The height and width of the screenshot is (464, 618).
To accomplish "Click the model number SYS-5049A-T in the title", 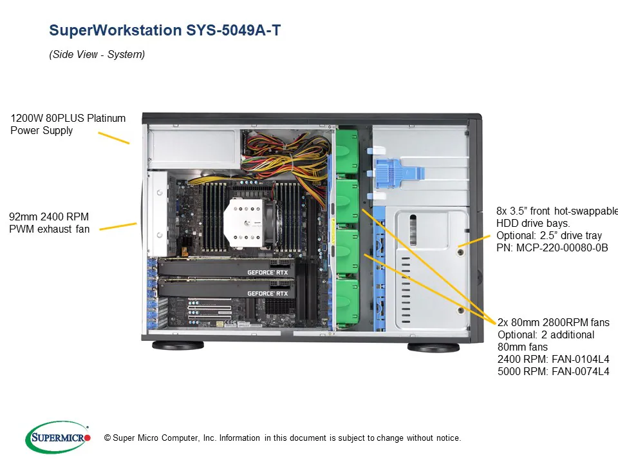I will point(235,30).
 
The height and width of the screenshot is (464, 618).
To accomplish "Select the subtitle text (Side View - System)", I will point(97,55).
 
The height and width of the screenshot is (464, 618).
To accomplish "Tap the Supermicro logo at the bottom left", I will point(58,438).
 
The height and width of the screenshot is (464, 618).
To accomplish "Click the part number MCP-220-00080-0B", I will point(552,248).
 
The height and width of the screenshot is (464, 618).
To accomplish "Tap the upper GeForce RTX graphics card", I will point(229,272).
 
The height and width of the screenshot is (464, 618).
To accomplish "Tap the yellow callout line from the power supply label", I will point(113,138).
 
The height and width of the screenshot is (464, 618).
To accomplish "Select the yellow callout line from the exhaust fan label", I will point(118,226).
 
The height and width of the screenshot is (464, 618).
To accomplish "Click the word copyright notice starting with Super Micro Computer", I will point(286,438).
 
